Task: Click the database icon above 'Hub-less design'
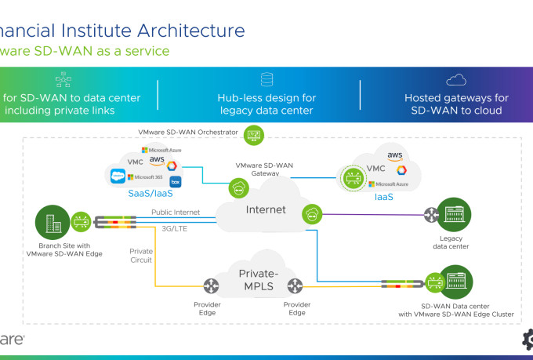point(266,79)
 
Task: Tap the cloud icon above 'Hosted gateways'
point(456,79)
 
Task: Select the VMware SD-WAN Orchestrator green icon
point(254,135)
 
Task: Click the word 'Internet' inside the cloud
point(266,209)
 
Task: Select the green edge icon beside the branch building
point(81,222)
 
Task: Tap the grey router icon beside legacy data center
point(430,214)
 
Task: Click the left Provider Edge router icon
point(211,286)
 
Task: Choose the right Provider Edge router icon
point(296,286)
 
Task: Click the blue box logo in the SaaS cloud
point(176,182)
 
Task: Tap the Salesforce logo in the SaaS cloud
point(118,176)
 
